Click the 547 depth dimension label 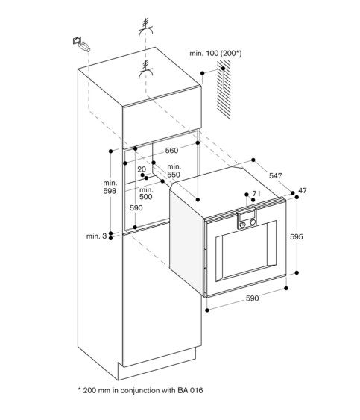[276, 175]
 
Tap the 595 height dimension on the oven [297, 236]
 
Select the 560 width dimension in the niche [171, 150]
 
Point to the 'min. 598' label [110, 187]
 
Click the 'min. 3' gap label [96, 236]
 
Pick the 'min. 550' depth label [174, 171]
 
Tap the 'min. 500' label [146, 193]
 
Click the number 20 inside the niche [142, 169]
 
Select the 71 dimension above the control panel [256, 193]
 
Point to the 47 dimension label [303, 191]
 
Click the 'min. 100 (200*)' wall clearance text [215, 53]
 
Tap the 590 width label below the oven [252, 298]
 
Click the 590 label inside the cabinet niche [136, 207]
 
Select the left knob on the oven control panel [243, 225]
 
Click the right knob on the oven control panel [253, 222]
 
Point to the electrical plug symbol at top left [81, 44]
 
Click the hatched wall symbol [224, 90]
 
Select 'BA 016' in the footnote [190, 390]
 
